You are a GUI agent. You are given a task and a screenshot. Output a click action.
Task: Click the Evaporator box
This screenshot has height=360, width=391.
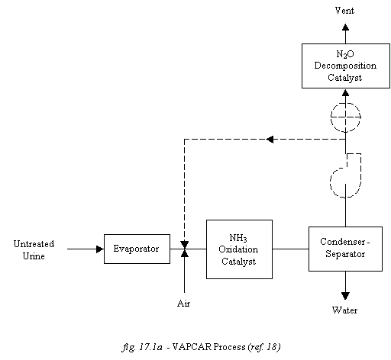137,249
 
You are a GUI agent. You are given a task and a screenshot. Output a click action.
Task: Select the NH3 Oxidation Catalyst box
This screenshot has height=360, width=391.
239,249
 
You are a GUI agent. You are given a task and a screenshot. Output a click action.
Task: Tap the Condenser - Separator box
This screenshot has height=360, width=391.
345,249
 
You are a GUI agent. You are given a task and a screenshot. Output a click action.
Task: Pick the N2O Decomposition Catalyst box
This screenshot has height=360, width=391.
346,66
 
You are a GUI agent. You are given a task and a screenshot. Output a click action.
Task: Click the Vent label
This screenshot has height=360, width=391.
344,11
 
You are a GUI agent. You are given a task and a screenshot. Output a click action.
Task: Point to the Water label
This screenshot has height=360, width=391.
344,310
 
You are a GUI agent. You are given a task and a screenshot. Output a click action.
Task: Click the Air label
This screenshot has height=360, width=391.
184,304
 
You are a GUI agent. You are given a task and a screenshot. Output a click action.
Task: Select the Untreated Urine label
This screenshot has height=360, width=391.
34,250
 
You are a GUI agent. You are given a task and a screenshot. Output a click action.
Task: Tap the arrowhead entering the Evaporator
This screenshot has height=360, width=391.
100,249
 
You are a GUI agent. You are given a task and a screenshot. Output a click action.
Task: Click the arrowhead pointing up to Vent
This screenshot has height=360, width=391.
345,27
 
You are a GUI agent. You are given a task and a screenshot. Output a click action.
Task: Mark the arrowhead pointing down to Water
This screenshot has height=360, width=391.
345,296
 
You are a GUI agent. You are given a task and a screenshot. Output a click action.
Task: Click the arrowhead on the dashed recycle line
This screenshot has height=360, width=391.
270,140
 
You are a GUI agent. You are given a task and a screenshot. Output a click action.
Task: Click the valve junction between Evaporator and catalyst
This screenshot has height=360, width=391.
184,249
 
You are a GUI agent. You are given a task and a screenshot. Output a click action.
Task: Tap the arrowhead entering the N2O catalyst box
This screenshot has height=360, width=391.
345,92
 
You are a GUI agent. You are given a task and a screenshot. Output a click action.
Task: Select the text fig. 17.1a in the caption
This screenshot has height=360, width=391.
142,347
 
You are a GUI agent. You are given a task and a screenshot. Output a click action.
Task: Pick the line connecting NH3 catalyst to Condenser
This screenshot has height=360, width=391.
290,249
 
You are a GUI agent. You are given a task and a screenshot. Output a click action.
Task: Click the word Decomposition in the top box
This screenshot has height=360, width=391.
345,66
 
